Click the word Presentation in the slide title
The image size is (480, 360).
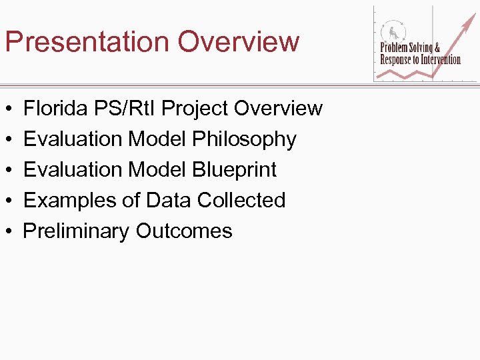pyautogui.click(x=87, y=41)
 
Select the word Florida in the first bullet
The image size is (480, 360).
pyautogui.click(x=56, y=108)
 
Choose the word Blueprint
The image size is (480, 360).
pyautogui.click(x=234, y=170)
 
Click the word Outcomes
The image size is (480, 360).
pyautogui.click(x=184, y=231)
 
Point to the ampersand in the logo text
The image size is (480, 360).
pyautogui.click(x=437, y=48)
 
